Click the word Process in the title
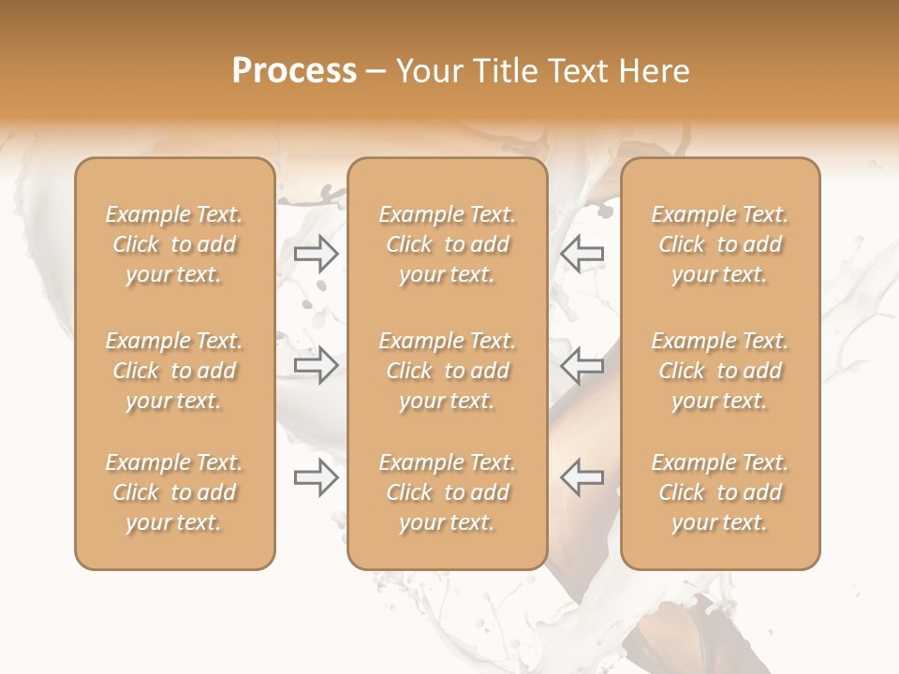(x=294, y=71)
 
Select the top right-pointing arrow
(x=316, y=254)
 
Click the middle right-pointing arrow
(x=316, y=365)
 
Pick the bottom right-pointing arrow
(x=316, y=477)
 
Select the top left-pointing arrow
(x=582, y=254)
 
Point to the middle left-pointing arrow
(x=582, y=365)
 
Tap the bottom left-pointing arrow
(x=582, y=477)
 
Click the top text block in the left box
(x=174, y=244)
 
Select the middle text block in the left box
(x=174, y=371)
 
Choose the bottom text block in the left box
(x=174, y=492)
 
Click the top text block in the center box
(x=447, y=244)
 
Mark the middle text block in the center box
(x=447, y=371)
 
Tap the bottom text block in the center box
(x=447, y=492)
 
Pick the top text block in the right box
(x=720, y=244)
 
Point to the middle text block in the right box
(x=720, y=371)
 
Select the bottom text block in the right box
(x=720, y=492)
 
